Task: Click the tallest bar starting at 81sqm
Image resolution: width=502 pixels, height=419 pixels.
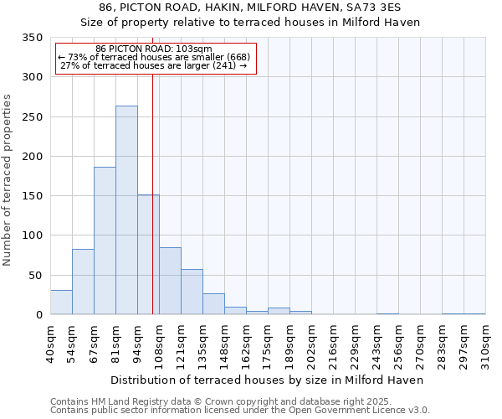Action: [126, 210]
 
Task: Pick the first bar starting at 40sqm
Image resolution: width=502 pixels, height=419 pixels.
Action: [61, 303]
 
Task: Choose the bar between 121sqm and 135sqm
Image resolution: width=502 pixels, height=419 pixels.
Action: [192, 292]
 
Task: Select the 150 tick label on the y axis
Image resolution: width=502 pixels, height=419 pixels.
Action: [32, 196]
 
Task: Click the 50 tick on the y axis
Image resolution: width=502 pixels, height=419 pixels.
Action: [35, 276]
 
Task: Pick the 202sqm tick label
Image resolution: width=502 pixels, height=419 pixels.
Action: [311, 345]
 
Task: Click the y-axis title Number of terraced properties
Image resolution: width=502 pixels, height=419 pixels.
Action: [8, 180]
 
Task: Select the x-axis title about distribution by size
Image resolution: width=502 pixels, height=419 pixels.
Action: [267, 380]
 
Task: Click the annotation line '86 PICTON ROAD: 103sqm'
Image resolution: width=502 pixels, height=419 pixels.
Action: [154, 49]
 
